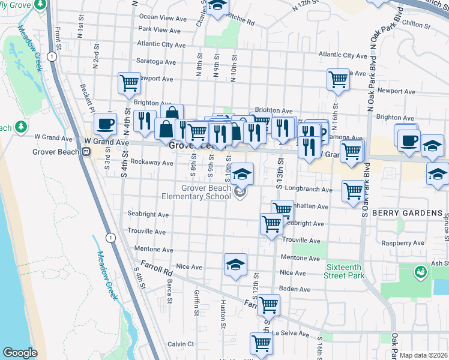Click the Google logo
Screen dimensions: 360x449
[x=20, y=353]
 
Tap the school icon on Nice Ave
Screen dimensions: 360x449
[x=235, y=264]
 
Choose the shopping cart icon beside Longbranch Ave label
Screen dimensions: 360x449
[x=353, y=191]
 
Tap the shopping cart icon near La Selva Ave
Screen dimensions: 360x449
[x=262, y=344]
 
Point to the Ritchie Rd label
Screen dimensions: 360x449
[x=241, y=23]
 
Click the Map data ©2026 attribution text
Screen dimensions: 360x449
[x=424, y=355]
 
